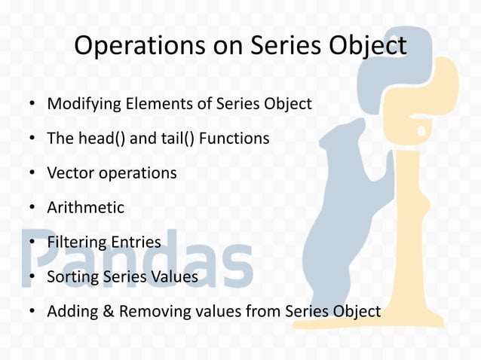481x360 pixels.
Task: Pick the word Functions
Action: coord(233,139)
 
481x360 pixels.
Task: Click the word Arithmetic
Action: coord(85,208)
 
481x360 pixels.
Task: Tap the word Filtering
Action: coord(76,243)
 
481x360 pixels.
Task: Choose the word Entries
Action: coord(136,243)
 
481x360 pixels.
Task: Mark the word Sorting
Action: coord(72,277)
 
